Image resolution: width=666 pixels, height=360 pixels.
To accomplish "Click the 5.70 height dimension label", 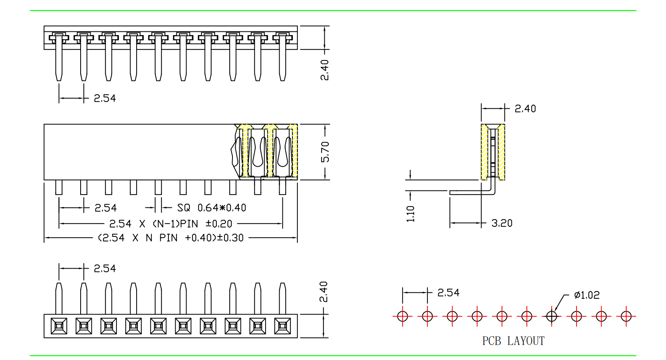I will pyautogui.click(x=325, y=152).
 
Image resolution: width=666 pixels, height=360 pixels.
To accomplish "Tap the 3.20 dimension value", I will pyautogui.click(x=502, y=223).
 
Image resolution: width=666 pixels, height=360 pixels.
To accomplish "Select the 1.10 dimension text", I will pyautogui.click(x=411, y=213).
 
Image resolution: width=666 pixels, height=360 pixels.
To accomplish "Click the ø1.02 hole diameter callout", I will pyautogui.click(x=587, y=295).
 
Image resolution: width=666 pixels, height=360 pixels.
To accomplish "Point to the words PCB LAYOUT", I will pyautogui.click(x=513, y=341).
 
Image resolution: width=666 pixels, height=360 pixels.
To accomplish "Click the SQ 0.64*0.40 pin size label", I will pyautogui.click(x=212, y=208).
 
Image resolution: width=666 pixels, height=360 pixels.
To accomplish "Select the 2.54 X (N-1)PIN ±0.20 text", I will pyautogui.click(x=171, y=223).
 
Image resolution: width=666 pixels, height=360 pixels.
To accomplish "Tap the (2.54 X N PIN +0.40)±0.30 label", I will pyautogui.click(x=171, y=238).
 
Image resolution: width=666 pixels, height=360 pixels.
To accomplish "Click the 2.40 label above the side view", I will pyautogui.click(x=525, y=109).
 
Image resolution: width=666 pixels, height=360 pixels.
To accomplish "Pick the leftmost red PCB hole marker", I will pyautogui.click(x=403, y=316).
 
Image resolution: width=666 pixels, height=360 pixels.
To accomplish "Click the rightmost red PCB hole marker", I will pyautogui.click(x=626, y=316).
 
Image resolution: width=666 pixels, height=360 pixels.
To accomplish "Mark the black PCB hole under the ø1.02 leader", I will pyautogui.click(x=552, y=316).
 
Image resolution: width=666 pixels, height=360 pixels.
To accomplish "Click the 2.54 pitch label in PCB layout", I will pyautogui.click(x=448, y=293).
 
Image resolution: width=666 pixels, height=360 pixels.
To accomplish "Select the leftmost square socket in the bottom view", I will pyautogui.click(x=59, y=326).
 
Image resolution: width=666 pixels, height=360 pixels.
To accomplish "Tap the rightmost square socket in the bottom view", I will pyautogui.click(x=282, y=326).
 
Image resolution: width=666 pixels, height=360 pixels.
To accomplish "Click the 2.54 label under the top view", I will pyautogui.click(x=105, y=98).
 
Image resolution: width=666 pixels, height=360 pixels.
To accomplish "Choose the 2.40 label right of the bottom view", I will pyautogui.click(x=324, y=292).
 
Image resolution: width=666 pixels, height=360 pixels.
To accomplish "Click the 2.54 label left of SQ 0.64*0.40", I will pyautogui.click(x=106, y=208).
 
